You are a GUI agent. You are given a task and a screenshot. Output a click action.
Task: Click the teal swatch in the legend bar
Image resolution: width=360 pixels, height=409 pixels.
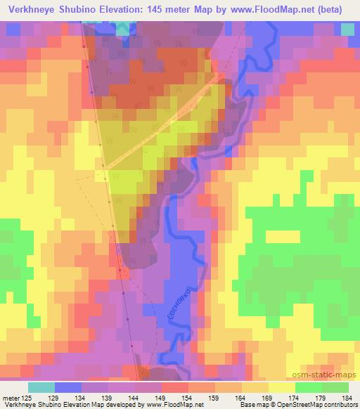pyautogui.click(x=41, y=387)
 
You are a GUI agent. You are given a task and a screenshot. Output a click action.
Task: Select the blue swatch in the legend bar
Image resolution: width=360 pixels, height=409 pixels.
pyautogui.click(x=68, y=387)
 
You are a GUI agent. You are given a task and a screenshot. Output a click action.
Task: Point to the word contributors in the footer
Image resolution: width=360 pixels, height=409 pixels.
pyautogui.click(x=339, y=405)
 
